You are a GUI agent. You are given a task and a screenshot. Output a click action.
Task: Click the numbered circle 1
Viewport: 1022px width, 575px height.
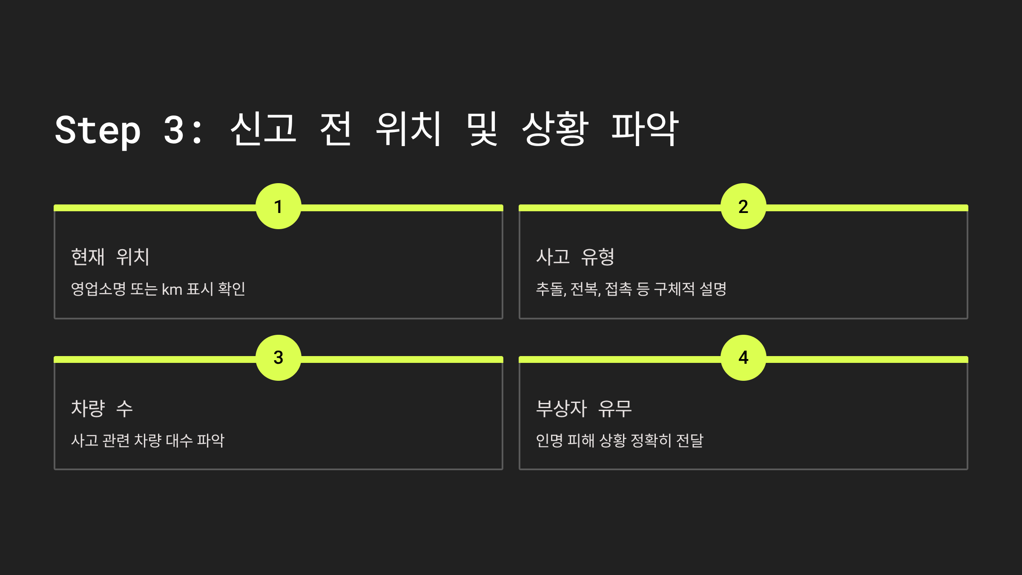point(278,207)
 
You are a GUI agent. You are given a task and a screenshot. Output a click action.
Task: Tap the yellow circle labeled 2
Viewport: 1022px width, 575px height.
point(744,207)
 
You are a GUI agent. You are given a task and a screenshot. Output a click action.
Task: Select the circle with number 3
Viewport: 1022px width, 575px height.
point(278,358)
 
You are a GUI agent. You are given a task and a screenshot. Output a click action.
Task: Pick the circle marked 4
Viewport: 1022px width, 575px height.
point(744,358)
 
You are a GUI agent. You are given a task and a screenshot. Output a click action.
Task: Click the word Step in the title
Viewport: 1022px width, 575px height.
point(98,130)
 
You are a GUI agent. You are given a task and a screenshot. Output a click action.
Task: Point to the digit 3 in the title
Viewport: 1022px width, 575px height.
point(174,130)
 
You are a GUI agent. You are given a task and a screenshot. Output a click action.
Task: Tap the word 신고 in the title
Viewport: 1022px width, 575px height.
point(263,129)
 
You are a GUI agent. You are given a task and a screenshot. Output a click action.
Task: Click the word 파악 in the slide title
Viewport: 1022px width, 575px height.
point(645,129)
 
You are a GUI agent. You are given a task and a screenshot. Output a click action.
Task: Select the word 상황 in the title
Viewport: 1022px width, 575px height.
point(555,129)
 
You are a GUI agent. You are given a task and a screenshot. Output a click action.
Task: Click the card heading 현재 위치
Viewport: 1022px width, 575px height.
point(110,257)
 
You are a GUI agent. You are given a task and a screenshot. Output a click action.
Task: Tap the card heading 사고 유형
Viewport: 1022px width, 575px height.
point(575,257)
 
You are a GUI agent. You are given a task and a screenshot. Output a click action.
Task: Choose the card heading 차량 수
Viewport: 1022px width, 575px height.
point(102,408)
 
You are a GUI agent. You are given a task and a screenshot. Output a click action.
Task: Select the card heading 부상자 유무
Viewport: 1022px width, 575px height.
point(583,408)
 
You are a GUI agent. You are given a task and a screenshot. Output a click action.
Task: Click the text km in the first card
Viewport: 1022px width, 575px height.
point(172,290)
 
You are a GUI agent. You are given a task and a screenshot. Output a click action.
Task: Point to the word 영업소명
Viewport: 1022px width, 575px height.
point(98,289)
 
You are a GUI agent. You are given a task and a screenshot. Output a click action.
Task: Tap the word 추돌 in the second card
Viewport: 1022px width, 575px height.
point(550,289)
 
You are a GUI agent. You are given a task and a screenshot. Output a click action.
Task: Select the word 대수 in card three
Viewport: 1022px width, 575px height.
point(179,440)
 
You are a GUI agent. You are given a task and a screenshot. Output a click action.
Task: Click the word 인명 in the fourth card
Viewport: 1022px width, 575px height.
point(549,440)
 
